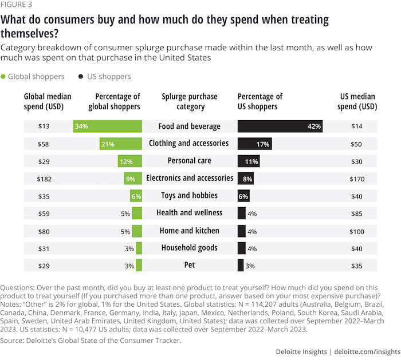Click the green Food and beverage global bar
[x=108, y=126]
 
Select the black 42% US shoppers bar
[x=280, y=126]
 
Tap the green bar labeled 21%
[x=120, y=143]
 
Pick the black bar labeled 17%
[x=254, y=143]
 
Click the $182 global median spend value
[x=45, y=179]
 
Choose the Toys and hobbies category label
[x=189, y=196]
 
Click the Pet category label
[x=189, y=265]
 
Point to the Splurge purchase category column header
[x=190, y=102]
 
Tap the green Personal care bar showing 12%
[x=129, y=161]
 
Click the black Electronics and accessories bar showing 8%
[x=246, y=179]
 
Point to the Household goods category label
[x=189, y=248]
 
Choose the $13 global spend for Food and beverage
[x=45, y=126]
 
